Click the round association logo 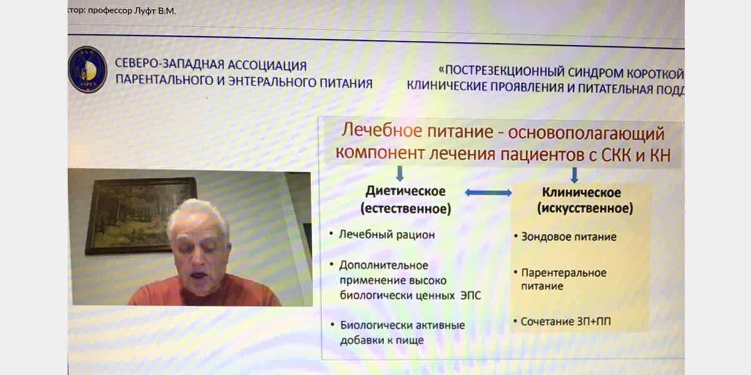pyautogui.click(x=88, y=69)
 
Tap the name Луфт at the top pyautogui.click(x=145, y=11)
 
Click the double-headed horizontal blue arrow pyautogui.click(x=488, y=192)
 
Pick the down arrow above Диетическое pyautogui.click(x=400, y=174)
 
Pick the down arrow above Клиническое pyautogui.click(x=575, y=175)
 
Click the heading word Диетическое pyautogui.click(x=406, y=191)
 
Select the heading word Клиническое pyautogui.click(x=581, y=192)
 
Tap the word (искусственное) pyautogui.click(x=585, y=208)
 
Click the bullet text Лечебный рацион pyautogui.click(x=387, y=235)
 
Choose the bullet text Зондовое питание pyautogui.click(x=569, y=237)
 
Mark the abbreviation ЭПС pyautogui.click(x=471, y=295)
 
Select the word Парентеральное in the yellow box pyautogui.click(x=564, y=273)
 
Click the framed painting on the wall pyautogui.click(x=141, y=216)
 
